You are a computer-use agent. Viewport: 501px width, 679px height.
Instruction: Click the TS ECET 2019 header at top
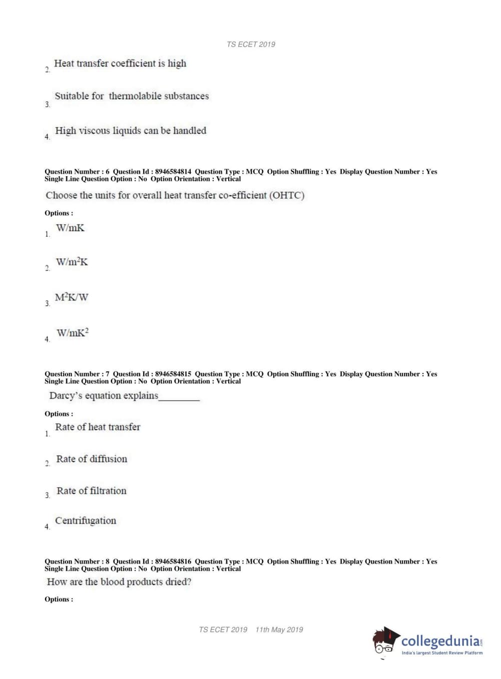[251, 45]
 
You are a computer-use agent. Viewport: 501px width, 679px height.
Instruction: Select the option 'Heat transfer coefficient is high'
[120, 64]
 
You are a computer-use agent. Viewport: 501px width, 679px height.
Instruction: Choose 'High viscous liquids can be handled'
[131, 131]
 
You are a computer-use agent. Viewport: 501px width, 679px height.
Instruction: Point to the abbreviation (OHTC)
[287, 195]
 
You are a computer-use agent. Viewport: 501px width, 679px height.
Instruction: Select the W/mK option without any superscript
[70, 228]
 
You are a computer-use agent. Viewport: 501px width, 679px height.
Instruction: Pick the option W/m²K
[72, 262]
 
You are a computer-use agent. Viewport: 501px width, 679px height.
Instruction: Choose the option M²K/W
[72, 297]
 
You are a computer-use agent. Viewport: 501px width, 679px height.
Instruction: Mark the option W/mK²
[73, 333]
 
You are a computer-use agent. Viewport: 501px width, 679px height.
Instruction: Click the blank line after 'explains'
[179, 398]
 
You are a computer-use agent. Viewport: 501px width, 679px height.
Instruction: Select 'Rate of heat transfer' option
[98, 427]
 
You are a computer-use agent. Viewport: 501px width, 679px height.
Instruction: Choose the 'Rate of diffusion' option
[92, 459]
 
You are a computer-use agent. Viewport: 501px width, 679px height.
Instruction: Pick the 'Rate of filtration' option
[92, 491]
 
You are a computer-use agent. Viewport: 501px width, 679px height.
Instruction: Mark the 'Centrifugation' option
[86, 521]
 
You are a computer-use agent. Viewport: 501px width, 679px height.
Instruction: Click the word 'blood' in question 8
[112, 582]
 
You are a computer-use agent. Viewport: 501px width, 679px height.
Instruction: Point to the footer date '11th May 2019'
[279, 629]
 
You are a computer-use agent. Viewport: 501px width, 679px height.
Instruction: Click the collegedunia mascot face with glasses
[384, 644]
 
